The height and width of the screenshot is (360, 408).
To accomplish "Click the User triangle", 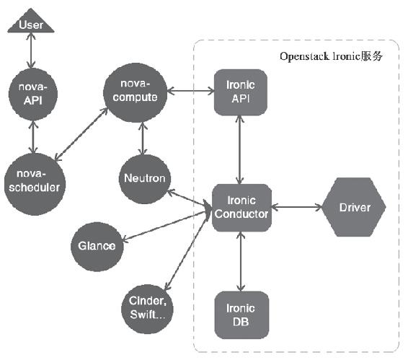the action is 31,22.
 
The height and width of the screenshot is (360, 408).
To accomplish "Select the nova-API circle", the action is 33,94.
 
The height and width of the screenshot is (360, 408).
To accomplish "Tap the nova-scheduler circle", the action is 35,184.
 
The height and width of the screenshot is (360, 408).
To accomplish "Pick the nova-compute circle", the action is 135,93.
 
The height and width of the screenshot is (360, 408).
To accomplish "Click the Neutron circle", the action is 145,179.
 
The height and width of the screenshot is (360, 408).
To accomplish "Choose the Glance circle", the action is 97,247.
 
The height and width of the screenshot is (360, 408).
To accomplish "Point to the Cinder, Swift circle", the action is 147,309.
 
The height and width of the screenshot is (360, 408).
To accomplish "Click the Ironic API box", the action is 241,92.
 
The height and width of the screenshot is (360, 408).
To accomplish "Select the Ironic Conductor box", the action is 241,208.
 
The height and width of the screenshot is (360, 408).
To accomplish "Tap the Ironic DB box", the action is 241,315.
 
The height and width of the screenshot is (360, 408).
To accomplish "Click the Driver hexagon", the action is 354,207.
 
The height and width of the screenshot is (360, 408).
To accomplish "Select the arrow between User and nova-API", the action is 31,51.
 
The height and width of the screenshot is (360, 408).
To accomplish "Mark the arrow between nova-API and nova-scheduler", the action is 33,137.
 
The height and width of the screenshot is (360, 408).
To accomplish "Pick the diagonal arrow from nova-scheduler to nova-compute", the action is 81,134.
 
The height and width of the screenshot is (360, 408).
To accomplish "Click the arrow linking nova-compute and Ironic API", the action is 190,91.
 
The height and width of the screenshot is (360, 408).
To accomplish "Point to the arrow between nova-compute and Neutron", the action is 143,139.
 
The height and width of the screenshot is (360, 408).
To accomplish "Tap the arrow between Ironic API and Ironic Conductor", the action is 239,150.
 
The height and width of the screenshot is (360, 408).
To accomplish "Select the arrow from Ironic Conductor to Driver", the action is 297,207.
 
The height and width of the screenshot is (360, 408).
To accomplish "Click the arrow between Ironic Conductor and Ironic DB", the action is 241,261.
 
